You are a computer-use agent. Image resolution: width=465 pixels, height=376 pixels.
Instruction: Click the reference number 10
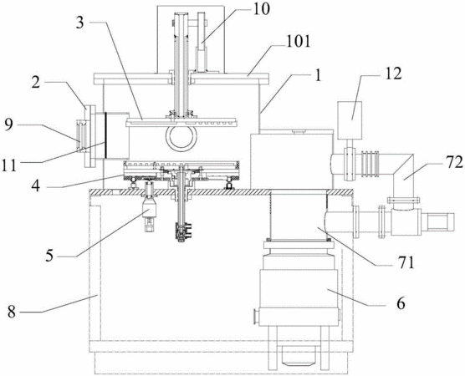(x=261, y=9)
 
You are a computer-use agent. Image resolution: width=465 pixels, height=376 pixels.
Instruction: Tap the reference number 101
(x=298, y=42)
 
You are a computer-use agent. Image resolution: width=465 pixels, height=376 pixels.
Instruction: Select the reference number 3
(x=80, y=23)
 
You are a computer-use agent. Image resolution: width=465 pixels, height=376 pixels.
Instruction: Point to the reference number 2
(x=36, y=83)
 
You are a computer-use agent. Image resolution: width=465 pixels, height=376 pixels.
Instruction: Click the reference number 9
(x=8, y=124)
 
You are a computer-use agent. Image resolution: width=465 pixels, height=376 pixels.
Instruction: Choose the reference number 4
(x=35, y=186)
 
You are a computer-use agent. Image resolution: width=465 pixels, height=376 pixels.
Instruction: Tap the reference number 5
(x=49, y=256)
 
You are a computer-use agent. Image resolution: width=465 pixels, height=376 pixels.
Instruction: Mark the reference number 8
(x=12, y=312)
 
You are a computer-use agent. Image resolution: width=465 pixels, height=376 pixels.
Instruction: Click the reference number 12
(x=393, y=74)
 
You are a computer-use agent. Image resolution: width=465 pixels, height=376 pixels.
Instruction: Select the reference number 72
(x=454, y=162)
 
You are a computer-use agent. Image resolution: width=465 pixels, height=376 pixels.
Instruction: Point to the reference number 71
(x=406, y=262)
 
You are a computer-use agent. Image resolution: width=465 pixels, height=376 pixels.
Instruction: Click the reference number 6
(x=401, y=303)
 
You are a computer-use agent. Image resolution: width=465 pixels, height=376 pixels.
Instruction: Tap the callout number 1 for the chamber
(x=318, y=76)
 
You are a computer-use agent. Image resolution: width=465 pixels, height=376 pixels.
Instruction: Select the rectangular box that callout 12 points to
(x=350, y=120)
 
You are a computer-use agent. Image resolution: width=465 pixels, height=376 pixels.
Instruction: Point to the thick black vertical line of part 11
(x=105, y=135)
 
